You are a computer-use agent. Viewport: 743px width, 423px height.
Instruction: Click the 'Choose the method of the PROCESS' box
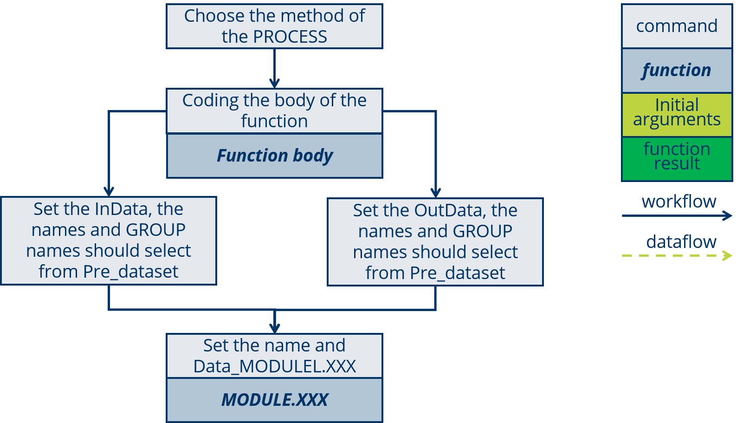tap(274, 26)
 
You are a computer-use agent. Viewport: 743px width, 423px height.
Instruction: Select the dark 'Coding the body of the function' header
tap(274, 111)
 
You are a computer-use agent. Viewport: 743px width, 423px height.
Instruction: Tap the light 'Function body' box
tap(274, 156)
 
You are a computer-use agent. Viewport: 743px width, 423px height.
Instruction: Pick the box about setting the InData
tap(108, 241)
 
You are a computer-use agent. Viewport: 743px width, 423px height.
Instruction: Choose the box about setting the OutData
tap(435, 241)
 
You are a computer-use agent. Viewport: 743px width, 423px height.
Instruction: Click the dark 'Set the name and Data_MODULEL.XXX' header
tap(274, 356)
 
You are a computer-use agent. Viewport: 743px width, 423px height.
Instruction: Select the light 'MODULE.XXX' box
tap(274, 400)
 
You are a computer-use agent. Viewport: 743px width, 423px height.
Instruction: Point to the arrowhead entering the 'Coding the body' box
tap(274, 84)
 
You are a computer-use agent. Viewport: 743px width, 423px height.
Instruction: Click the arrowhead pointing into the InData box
tap(109, 191)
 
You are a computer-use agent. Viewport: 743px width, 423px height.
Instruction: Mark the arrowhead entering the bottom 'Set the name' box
tap(275, 328)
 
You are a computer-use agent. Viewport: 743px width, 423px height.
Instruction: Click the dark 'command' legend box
tap(677, 26)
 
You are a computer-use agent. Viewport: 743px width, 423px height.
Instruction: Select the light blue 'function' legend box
tap(677, 71)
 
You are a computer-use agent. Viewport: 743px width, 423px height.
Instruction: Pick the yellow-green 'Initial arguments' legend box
tap(677, 114)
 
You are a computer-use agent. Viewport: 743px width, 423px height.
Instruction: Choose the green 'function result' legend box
tap(677, 158)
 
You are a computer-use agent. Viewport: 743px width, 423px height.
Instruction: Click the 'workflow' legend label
tap(678, 202)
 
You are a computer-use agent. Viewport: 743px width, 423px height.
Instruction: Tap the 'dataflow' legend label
tap(681, 242)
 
